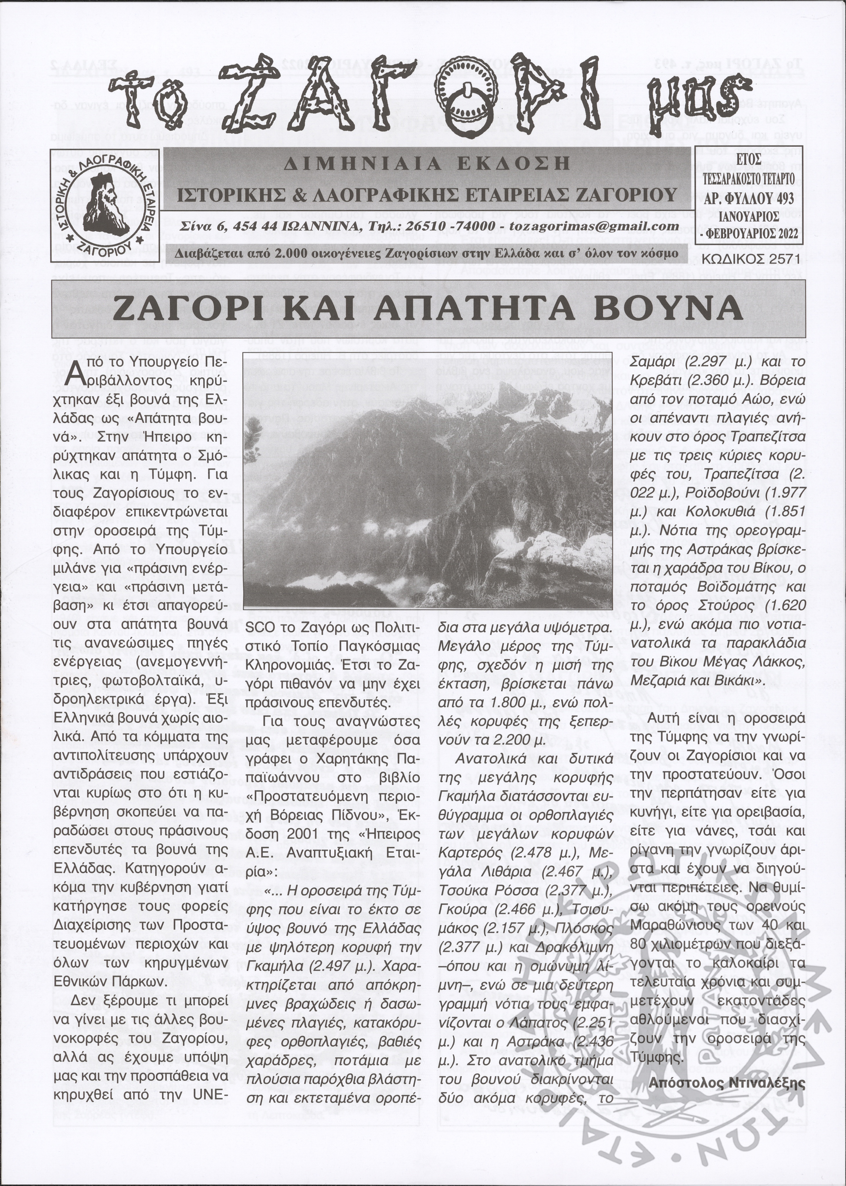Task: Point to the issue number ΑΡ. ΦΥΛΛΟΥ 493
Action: [x=748, y=198]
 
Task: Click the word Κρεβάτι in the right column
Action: [x=655, y=381]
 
